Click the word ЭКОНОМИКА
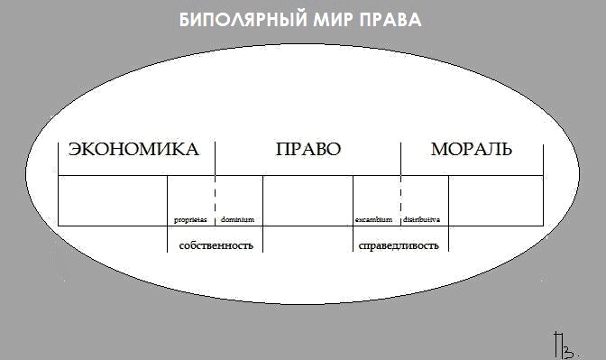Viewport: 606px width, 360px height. pyautogui.click(x=133, y=150)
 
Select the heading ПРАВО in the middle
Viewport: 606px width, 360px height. pyautogui.click(x=308, y=150)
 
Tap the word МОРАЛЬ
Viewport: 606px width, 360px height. pyautogui.click(x=471, y=150)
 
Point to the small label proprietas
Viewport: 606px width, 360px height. pyautogui.click(x=190, y=219)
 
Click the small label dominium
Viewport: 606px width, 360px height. pyautogui.click(x=238, y=219)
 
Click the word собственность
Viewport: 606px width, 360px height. pyautogui.click(x=216, y=245)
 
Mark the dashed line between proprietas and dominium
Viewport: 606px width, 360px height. pyautogui.click(x=216, y=194)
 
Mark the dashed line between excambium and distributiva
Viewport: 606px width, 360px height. pyautogui.click(x=400, y=194)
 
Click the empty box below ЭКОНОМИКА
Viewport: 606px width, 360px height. pyautogui.click(x=113, y=199)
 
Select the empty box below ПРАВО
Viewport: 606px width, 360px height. pyautogui.click(x=308, y=199)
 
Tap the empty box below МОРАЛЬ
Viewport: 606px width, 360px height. pyautogui.click(x=495, y=199)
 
